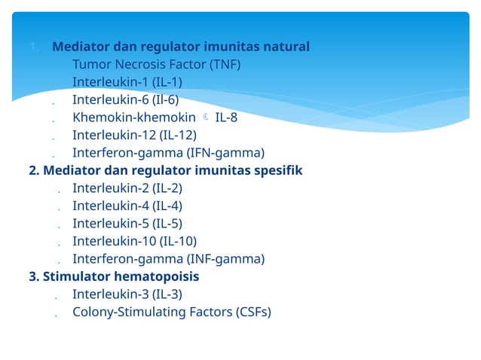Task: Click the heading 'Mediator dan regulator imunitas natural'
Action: coord(180,47)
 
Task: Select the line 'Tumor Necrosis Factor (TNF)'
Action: coord(156,64)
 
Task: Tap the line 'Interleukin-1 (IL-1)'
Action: coord(127,82)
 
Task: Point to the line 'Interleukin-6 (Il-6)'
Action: coord(125,99)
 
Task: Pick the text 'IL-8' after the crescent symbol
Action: coord(226,117)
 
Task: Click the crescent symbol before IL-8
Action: coord(206,117)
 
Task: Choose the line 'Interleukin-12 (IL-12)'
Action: coord(134,136)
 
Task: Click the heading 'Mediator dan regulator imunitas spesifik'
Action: coord(165,170)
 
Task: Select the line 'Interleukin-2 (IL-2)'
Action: coord(127,188)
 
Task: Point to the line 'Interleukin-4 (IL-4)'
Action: coord(127,206)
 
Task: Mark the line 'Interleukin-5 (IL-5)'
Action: coord(127,224)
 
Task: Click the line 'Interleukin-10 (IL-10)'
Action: coord(134,241)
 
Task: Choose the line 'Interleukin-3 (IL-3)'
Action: coord(127,294)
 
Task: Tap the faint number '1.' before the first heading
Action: coord(35,47)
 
